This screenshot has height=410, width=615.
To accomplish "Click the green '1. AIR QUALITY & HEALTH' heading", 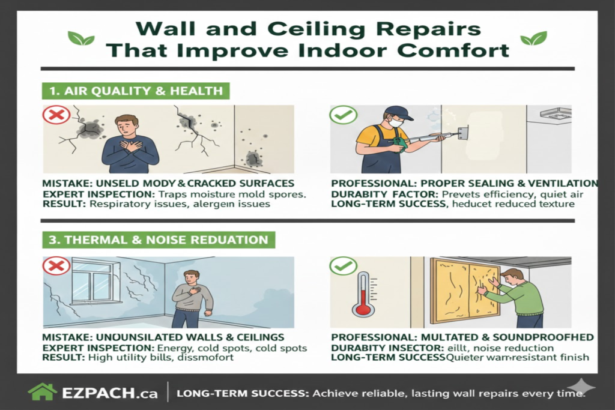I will point(135,91).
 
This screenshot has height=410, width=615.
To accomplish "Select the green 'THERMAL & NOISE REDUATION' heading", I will point(159,240).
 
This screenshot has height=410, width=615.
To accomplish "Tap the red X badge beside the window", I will point(56,266).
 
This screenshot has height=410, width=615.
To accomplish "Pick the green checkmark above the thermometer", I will point(344,266).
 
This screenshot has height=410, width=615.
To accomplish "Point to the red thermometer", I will point(363,294).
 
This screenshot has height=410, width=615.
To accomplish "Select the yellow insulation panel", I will point(465,287).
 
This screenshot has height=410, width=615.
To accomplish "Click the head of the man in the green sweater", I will point(514,277).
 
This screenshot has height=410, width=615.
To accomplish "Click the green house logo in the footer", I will point(43,392).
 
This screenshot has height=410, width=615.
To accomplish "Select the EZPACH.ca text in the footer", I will point(109,393).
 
